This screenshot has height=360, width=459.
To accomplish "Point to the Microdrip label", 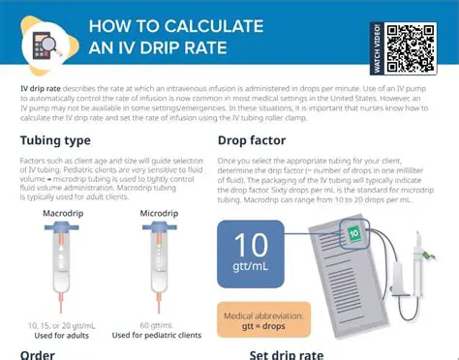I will (x=158, y=212).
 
